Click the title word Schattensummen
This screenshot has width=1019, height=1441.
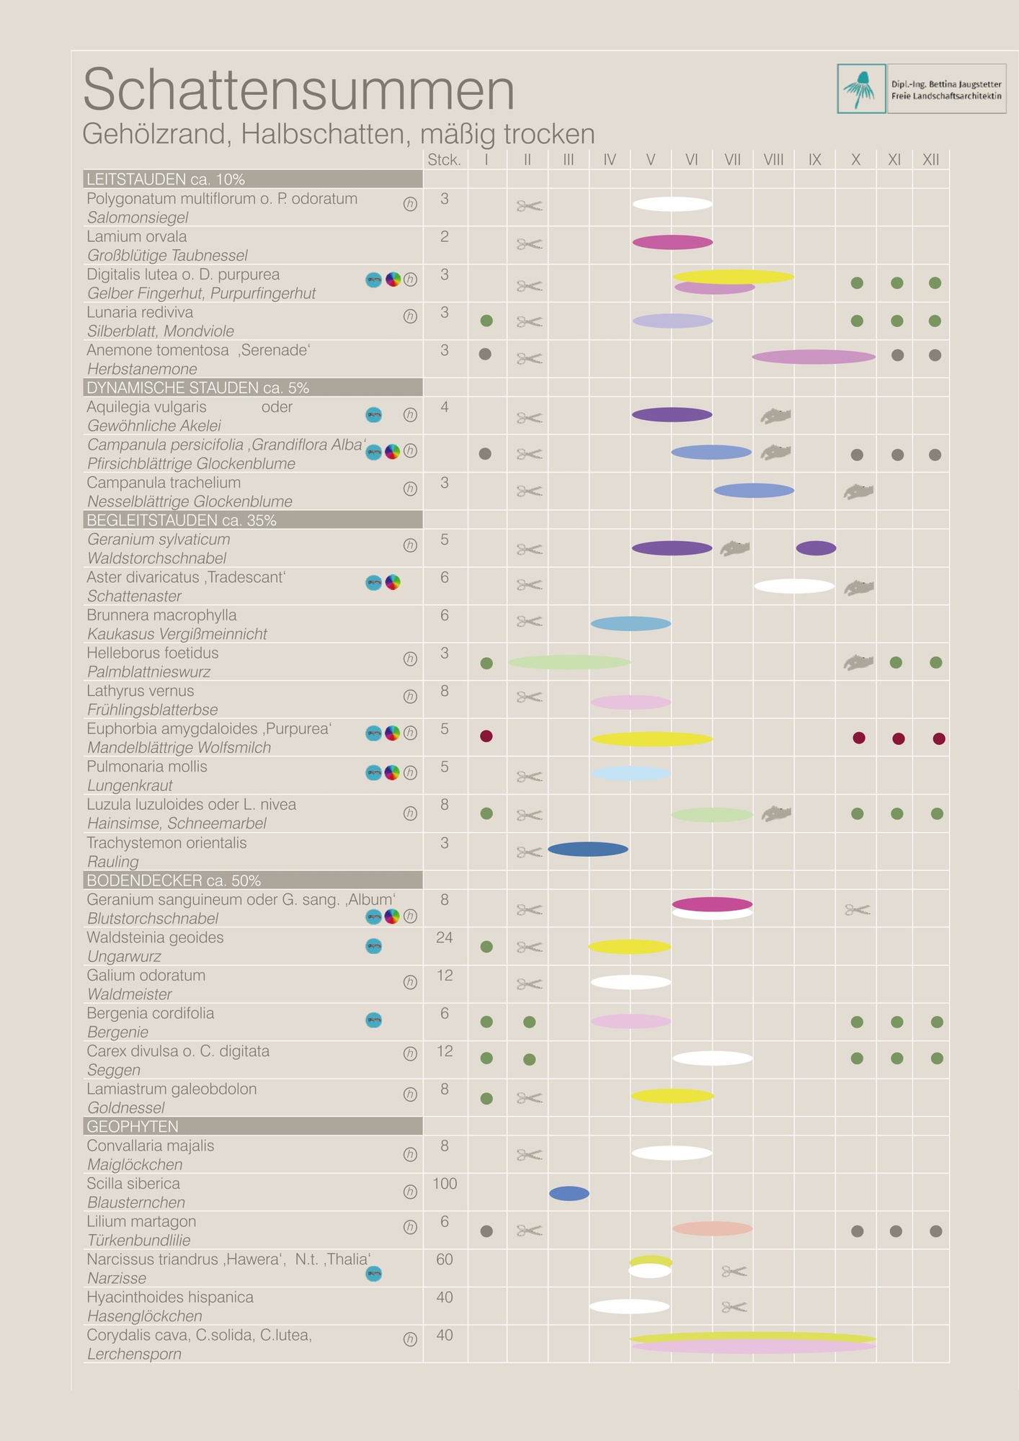[x=298, y=90]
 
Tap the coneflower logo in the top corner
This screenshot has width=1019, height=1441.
[x=861, y=89]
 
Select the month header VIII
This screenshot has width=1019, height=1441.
[x=773, y=160]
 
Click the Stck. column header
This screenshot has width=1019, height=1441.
[x=444, y=160]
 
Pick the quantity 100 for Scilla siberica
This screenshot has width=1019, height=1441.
[x=445, y=1184]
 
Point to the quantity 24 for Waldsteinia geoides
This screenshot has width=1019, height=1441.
[x=445, y=937]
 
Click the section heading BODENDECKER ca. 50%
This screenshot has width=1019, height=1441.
[x=174, y=880]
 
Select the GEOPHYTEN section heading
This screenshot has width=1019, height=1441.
[x=133, y=1126]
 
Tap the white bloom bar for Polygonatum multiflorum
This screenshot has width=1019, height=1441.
[x=672, y=204]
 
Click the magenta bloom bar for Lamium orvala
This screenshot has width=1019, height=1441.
[x=672, y=242]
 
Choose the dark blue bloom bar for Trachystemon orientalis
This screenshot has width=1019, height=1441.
[x=588, y=849]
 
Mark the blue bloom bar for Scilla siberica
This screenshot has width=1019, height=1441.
[x=569, y=1194]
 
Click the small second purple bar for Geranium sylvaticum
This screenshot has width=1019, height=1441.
[x=816, y=548]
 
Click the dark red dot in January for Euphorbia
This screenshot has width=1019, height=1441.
[x=486, y=736]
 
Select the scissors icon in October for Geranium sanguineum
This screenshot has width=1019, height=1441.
[x=858, y=910]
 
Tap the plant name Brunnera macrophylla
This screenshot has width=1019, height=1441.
[x=161, y=615]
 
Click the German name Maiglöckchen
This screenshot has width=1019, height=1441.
[x=135, y=1165]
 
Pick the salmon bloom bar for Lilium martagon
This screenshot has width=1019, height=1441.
[x=712, y=1228]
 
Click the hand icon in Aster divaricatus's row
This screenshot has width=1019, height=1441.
[x=859, y=588]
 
